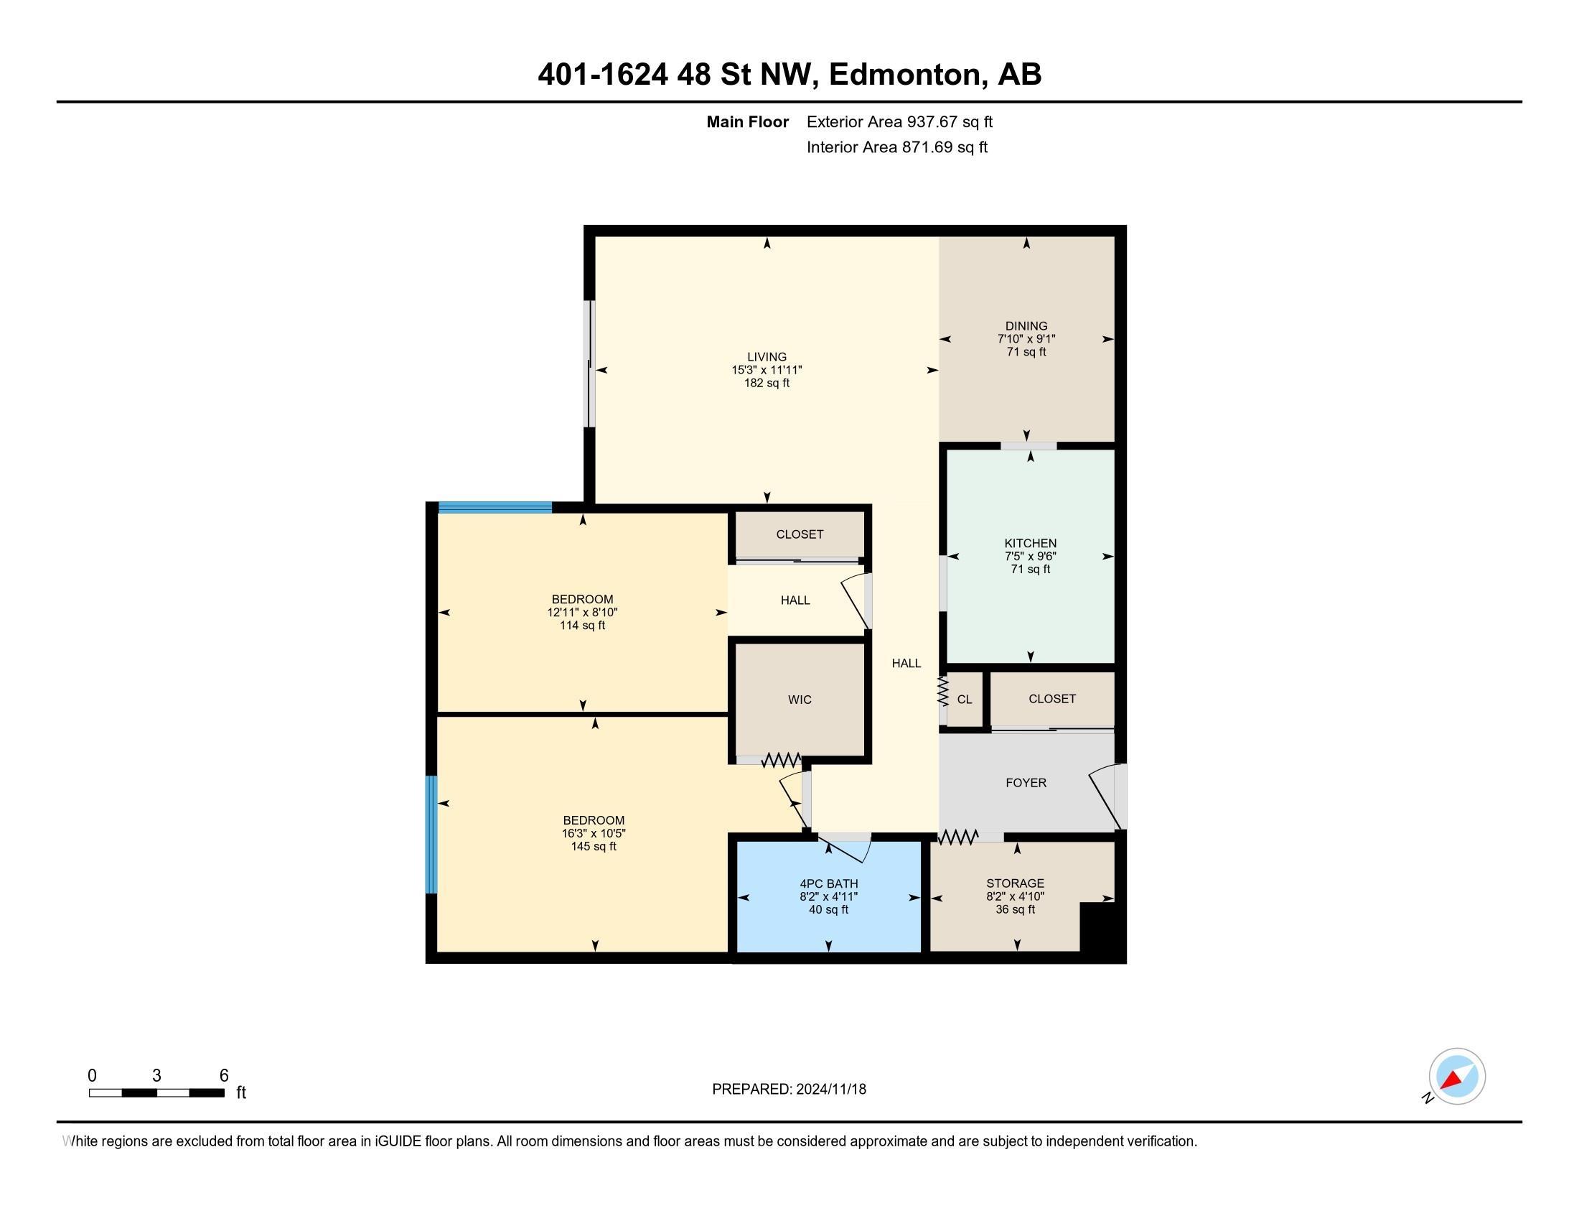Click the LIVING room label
(x=767, y=357)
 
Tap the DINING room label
(x=1026, y=326)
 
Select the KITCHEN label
(x=1030, y=543)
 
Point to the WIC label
(x=800, y=700)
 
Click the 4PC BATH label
(x=828, y=883)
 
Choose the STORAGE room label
(x=1015, y=883)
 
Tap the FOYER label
(x=1026, y=783)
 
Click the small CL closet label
(x=965, y=700)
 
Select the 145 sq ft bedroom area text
(x=594, y=846)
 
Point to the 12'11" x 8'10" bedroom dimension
(x=582, y=613)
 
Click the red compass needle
(x=1451, y=1080)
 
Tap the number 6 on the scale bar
(x=224, y=1076)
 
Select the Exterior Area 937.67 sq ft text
(x=899, y=121)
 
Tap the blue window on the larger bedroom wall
(x=431, y=835)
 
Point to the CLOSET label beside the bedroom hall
(x=800, y=534)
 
